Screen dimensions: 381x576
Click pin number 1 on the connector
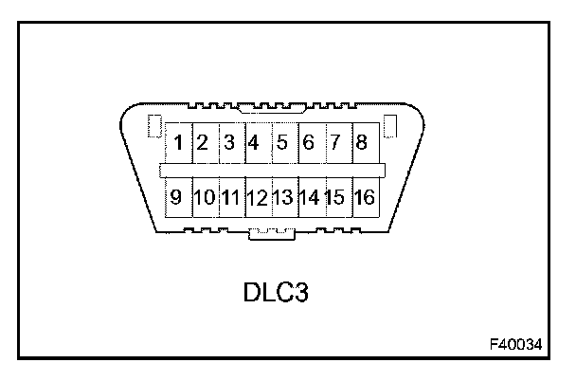[x=178, y=144]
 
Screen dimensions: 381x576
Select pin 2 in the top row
[x=203, y=144]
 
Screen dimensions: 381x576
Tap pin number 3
[x=229, y=144]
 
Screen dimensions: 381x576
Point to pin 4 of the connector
[x=254, y=144]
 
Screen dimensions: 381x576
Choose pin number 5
[x=281, y=144]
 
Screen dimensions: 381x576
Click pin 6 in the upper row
[x=308, y=144]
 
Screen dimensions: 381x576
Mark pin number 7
[x=334, y=144]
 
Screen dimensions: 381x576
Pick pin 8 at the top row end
[x=361, y=144]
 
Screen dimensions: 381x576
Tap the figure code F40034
[x=517, y=343]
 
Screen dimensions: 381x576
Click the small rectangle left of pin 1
[x=157, y=126]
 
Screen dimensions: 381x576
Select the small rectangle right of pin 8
[x=387, y=126]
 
